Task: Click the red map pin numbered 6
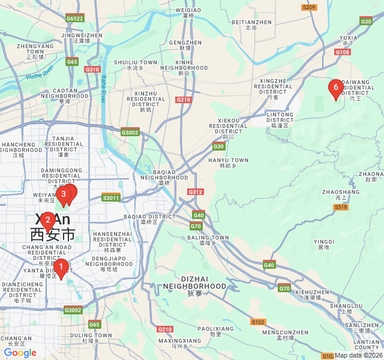(335, 88)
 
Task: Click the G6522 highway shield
(75, 19)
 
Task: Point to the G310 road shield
(92, 70)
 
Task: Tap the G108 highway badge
(343, 52)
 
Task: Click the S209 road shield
(309, 7)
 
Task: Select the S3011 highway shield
(111, 197)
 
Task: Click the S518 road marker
(341, 207)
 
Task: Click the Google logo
(20, 353)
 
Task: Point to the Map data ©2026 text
(358, 355)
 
